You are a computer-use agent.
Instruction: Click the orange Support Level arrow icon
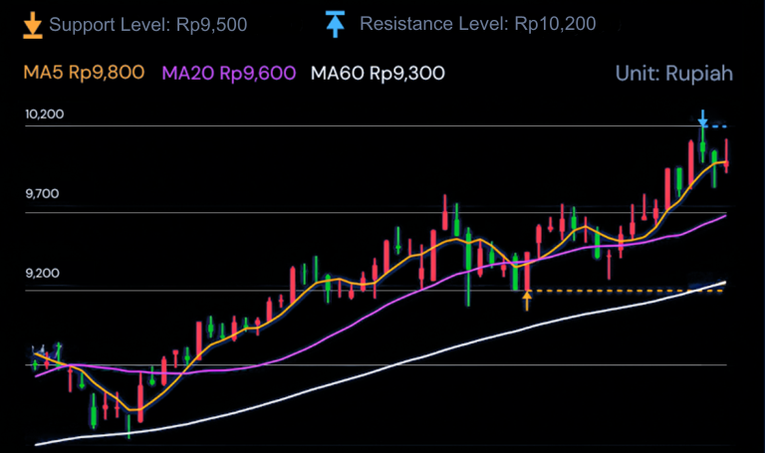pos(32,24)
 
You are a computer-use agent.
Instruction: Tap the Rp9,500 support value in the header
pos(210,23)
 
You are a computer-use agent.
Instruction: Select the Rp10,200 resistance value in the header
pos(555,23)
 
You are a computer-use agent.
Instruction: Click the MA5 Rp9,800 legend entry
pos(84,73)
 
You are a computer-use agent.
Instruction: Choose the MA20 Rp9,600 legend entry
pos(229,73)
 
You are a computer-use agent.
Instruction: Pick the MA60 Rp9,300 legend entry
pos(378,73)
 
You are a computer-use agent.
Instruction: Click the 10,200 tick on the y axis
pos(45,114)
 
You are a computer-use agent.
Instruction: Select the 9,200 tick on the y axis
pos(43,273)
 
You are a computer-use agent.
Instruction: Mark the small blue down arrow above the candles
pos(702,118)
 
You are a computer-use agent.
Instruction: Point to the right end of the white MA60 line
pos(724,283)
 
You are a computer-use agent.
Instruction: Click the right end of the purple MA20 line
pos(724,215)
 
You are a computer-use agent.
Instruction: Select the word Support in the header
pos(81,23)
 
